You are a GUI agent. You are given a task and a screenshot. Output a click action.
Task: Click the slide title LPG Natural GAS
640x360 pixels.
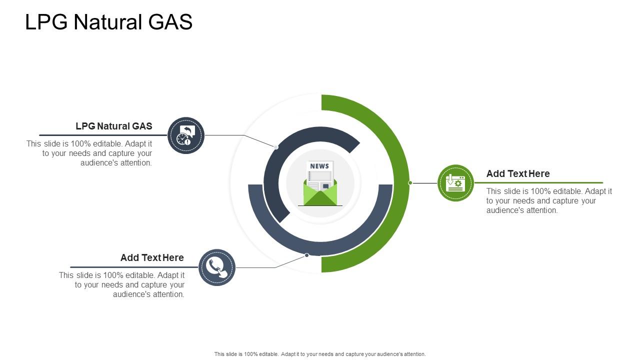point(108,22)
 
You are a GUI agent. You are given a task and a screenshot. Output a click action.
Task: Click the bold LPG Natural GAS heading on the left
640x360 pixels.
point(114,126)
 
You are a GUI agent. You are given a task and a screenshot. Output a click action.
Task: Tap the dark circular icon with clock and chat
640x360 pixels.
point(186,135)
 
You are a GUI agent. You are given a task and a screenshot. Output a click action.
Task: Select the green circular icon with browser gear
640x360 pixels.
point(455,183)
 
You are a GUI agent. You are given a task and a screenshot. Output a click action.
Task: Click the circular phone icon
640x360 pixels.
point(216,267)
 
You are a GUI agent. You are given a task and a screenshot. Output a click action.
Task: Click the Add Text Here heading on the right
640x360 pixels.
point(518,173)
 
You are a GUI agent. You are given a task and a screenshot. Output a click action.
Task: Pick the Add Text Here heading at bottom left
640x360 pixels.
point(152,257)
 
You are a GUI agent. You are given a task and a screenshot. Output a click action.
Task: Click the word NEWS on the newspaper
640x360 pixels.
point(319,166)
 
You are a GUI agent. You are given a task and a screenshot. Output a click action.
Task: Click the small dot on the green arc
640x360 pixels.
point(410,183)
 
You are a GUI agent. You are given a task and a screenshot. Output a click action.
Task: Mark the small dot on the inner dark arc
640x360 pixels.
point(276,147)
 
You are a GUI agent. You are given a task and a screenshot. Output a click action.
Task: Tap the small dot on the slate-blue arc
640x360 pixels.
point(307,255)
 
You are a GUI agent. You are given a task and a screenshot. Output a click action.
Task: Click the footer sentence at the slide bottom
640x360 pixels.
point(320,354)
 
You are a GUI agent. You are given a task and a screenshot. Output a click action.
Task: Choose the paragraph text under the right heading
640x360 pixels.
point(548,200)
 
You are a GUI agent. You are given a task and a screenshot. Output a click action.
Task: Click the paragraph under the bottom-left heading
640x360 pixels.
point(122,284)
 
